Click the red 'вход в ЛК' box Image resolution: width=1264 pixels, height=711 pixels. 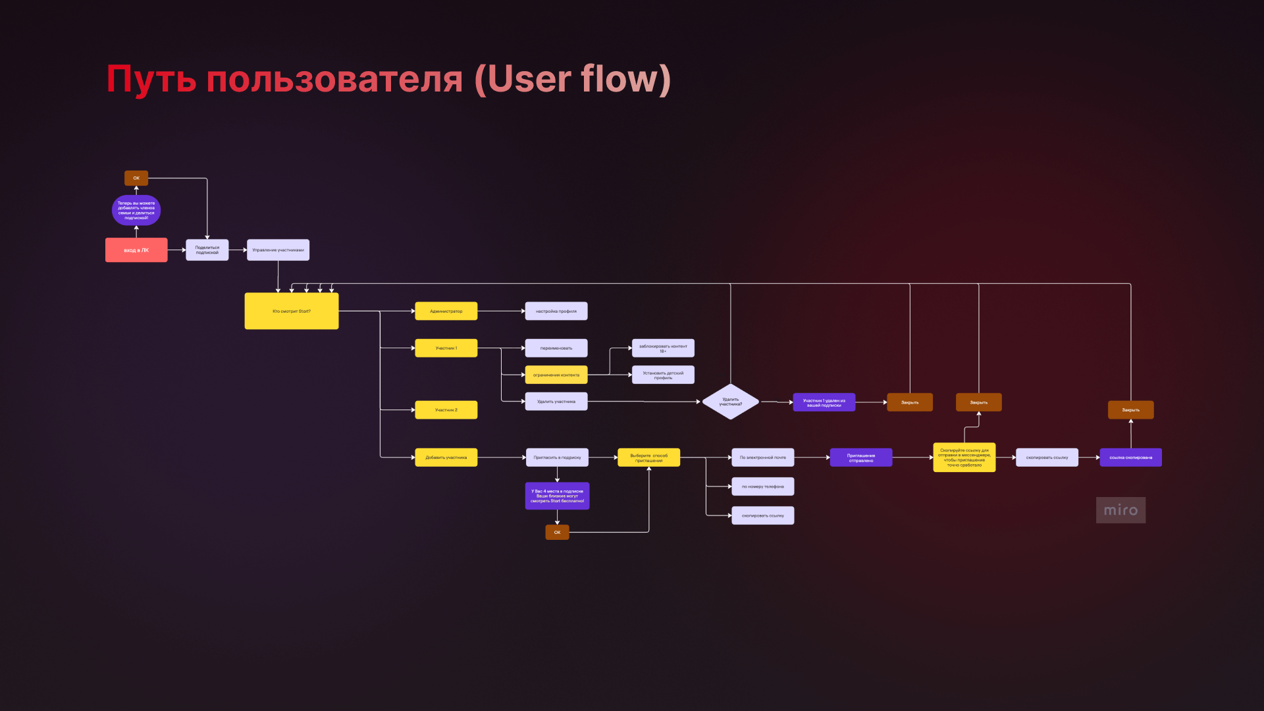pyautogui.click(x=136, y=250)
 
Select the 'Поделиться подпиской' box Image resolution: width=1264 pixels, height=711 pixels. pyautogui.click(x=207, y=250)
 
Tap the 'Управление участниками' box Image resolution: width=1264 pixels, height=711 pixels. pyautogui.click(x=278, y=250)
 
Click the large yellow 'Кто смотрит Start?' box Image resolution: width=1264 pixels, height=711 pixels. pyautogui.click(x=291, y=311)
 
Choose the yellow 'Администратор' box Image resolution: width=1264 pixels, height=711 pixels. pyautogui.click(x=446, y=311)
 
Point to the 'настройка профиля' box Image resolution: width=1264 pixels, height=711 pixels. pyautogui.click(x=556, y=311)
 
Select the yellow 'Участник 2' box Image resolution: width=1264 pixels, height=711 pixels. pyautogui.click(x=446, y=409)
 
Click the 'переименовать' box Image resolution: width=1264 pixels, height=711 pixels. pyautogui.click(x=556, y=348)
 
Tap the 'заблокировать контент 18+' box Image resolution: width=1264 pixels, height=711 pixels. pyautogui.click(x=663, y=348)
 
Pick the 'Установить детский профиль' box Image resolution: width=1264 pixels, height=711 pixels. pyautogui.click(x=663, y=375)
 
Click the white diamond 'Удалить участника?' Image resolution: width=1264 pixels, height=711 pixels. pyautogui.click(x=730, y=402)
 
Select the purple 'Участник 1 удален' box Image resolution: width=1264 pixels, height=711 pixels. pyautogui.click(x=824, y=402)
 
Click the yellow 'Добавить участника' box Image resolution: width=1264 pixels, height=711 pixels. pyautogui.click(x=446, y=458)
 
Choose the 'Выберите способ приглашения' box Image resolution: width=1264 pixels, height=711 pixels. pyautogui.click(x=648, y=458)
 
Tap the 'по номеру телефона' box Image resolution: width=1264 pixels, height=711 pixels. pyautogui.click(x=762, y=487)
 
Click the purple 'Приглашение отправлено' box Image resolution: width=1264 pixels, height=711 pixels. pyautogui.click(x=860, y=458)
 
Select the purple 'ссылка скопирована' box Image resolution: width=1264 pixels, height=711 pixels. pyautogui.click(x=1130, y=458)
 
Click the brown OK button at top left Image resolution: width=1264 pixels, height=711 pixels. pyautogui.click(x=136, y=178)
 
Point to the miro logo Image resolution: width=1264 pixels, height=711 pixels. pyautogui.click(x=1120, y=510)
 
